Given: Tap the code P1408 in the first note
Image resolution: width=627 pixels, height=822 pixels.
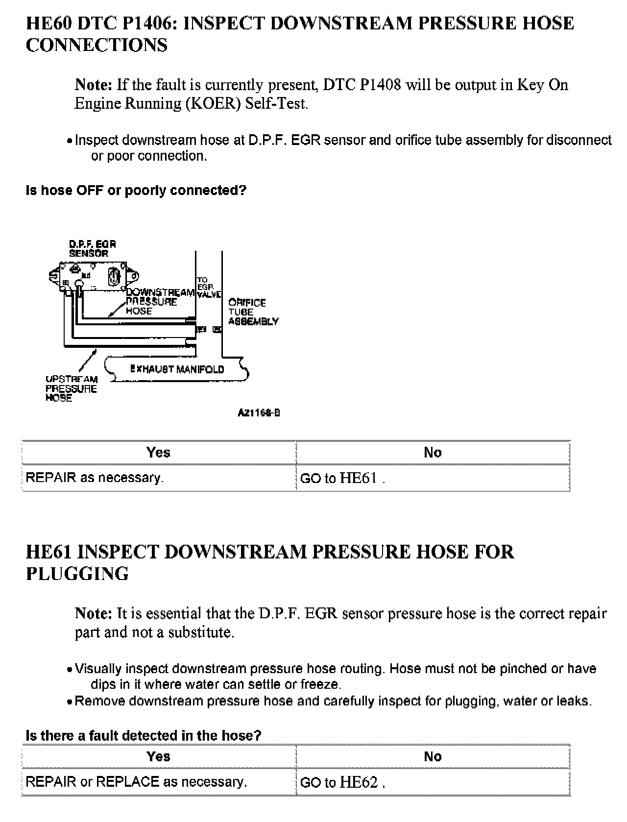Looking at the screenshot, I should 380,85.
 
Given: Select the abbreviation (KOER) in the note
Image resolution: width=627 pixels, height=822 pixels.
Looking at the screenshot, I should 213,104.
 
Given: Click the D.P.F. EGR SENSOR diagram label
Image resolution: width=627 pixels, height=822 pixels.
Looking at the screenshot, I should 92,249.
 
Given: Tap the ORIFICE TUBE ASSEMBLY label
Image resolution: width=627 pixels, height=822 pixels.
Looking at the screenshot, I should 253,312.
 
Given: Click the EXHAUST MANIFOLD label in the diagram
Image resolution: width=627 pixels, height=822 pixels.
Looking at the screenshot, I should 177,369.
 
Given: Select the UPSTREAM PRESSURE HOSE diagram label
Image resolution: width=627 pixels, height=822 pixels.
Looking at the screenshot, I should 72,388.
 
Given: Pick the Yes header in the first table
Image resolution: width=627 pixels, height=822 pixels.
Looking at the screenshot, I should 158,452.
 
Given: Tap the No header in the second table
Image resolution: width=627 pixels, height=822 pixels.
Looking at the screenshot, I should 433,756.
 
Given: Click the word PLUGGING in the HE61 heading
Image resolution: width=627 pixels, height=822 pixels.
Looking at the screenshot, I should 77,574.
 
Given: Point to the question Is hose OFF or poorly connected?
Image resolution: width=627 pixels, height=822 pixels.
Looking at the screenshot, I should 136,190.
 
